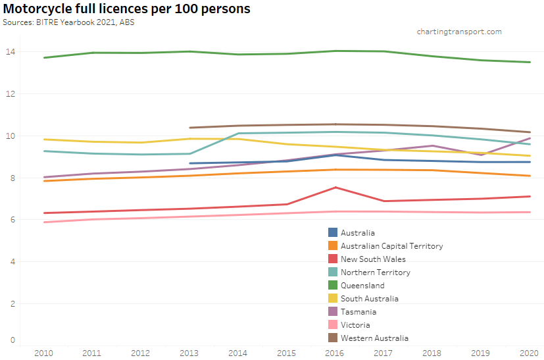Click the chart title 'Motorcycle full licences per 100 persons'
tap(126, 9)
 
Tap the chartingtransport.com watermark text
tap(459, 32)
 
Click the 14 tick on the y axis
tap(12, 52)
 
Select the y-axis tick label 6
tap(12, 220)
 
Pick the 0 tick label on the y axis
tap(12, 340)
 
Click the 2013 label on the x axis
tap(189, 353)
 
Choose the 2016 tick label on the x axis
tap(335, 353)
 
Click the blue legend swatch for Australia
tap(333, 232)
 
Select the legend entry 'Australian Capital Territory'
tap(391, 246)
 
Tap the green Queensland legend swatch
tap(333, 285)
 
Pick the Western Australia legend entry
tap(374, 338)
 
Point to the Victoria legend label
tap(355, 325)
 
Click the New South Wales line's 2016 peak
tap(335, 188)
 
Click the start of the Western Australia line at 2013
tap(189, 128)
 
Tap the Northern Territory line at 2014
tap(238, 134)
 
